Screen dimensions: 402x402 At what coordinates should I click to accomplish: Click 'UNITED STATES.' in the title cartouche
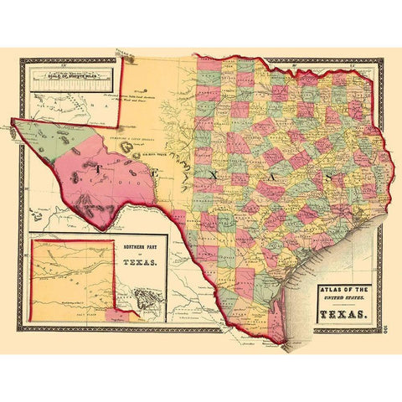(x=343, y=301)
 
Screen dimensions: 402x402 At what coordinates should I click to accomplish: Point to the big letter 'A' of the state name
(x=276, y=176)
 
